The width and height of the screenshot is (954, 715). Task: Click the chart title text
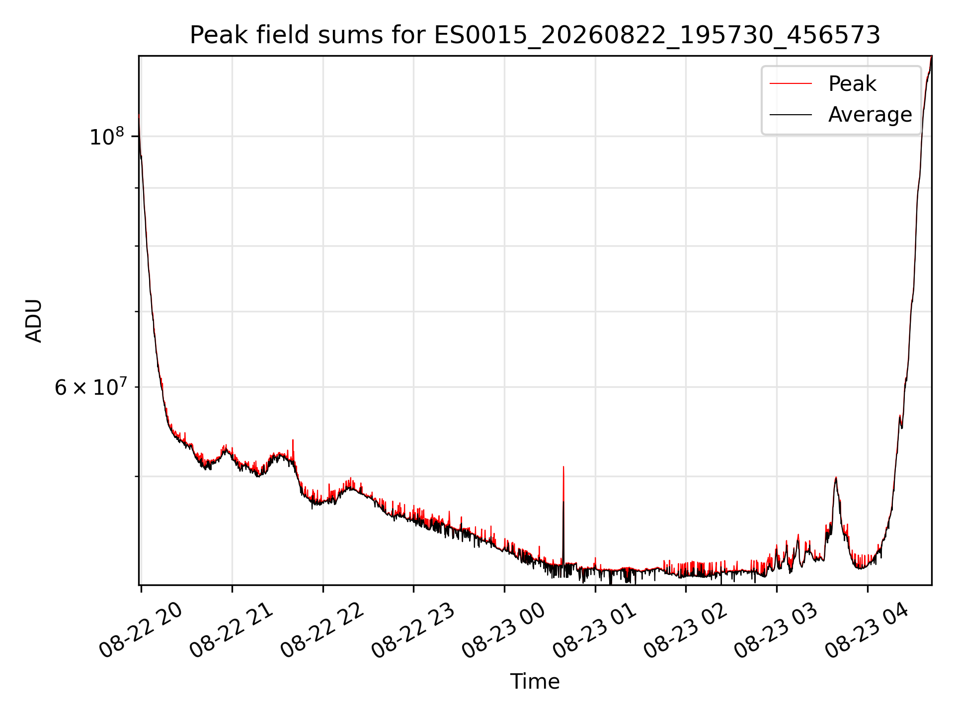[x=535, y=35]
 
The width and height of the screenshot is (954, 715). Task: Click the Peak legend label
[x=852, y=84]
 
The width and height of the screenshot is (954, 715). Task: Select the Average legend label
[x=870, y=115]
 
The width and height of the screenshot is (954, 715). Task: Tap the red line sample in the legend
[x=791, y=84]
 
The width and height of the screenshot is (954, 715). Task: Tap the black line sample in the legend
[x=791, y=115]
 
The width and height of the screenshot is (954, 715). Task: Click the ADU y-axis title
[x=34, y=321]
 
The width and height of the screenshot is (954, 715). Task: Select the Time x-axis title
[x=535, y=682]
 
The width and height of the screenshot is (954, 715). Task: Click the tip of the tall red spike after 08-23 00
[x=563, y=467]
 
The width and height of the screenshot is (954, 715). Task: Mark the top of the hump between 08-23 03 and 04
[x=836, y=477]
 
